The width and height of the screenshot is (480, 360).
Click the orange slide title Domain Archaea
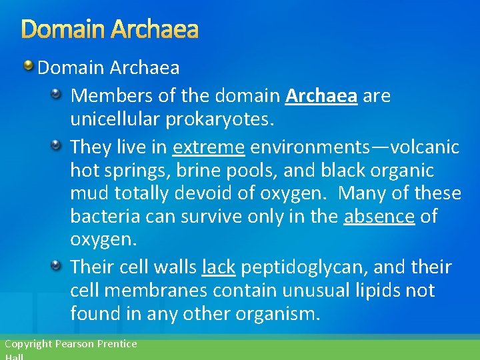click(110, 29)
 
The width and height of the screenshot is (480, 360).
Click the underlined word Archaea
click(321, 96)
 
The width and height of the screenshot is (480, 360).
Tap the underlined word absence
click(379, 217)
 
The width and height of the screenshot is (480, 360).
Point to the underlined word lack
click(218, 267)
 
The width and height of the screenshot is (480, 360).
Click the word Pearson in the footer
click(75, 344)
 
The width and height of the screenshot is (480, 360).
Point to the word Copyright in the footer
click(28, 344)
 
